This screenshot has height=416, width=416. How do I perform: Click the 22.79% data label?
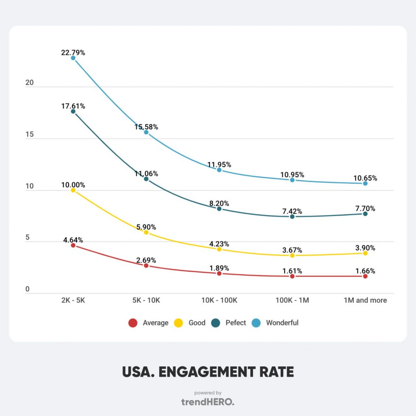(x=73, y=52)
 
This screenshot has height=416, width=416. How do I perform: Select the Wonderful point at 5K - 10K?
(x=146, y=132)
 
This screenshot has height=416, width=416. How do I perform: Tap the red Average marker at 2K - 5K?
(x=73, y=245)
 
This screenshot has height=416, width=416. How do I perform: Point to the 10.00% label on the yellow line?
(x=73, y=185)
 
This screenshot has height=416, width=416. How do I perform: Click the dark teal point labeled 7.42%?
(x=292, y=217)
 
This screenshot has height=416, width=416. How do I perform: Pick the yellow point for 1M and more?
(x=365, y=253)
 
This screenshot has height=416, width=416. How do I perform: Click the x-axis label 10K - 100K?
(x=219, y=301)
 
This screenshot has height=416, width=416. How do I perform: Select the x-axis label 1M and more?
(x=365, y=301)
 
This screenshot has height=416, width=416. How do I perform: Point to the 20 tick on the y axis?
(x=29, y=83)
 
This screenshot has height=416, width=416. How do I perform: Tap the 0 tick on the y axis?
(x=28, y=289)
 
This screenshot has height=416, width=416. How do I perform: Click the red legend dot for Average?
(x=132, y=323)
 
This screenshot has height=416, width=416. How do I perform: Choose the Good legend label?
(x=197, y=323)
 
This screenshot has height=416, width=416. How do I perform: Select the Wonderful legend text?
(x=282, y=323)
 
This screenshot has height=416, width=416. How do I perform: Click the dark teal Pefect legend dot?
(x=216, y=323)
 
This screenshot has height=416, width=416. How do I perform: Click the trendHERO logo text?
(x=208, y=402)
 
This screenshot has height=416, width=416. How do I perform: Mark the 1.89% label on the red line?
(x=219, y=268)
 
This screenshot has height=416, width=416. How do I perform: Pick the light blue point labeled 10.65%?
(x=365, y=183)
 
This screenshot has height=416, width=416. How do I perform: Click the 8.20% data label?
(x=219, y=203)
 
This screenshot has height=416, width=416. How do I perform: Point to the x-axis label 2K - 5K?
(x=73, y=301)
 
